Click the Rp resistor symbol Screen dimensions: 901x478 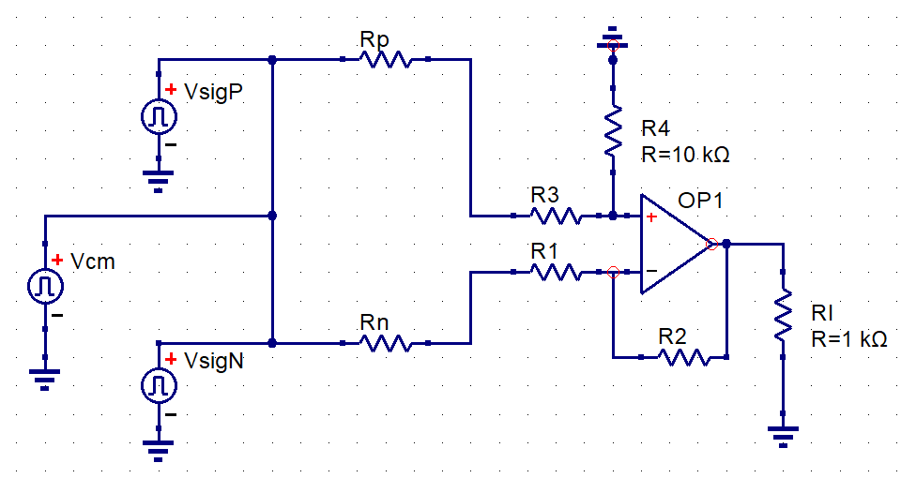tap(385, 59)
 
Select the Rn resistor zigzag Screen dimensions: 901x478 tap(385, 343)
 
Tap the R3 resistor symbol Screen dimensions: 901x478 tap(556, 216)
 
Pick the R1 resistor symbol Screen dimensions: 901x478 tap(556, 272)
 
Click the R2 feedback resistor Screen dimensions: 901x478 tap(684, 357)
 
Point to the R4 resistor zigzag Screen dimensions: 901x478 tap(613, 130)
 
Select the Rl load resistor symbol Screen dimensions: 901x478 tap(783, 315)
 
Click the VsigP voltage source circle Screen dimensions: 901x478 tap(160, 116)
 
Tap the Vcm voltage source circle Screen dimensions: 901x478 tap(45, 287)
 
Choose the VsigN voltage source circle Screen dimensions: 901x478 tap(160, 385)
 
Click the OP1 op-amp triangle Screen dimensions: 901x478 tap(676, 244)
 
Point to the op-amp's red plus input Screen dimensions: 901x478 tap(651, 217)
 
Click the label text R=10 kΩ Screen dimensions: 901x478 tap(685, 155)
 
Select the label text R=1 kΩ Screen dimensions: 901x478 tap(848, 339)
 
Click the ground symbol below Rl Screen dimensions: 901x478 tap(783, 436)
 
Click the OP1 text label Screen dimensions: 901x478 tap(700, 201)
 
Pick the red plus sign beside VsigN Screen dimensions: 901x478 tap(171, 359)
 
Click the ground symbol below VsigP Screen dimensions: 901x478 tap(158, 181)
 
